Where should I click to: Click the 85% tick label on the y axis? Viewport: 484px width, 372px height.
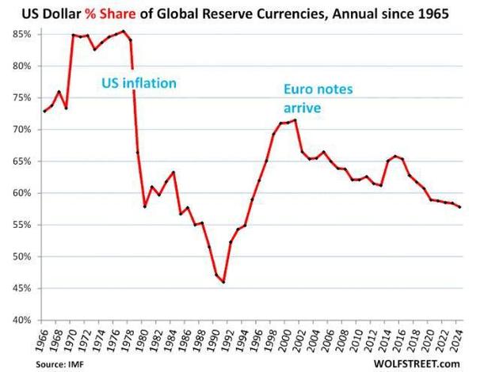pos(20,35)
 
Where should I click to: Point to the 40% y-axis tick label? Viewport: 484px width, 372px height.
pos(20,320)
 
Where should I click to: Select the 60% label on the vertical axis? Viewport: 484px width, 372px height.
pos(20,193)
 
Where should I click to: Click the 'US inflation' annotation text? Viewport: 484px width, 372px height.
pos(139,82)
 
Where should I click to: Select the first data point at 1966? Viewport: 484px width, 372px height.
pos(45,112)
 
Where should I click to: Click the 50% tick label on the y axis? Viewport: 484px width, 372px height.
pos(20,256)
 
